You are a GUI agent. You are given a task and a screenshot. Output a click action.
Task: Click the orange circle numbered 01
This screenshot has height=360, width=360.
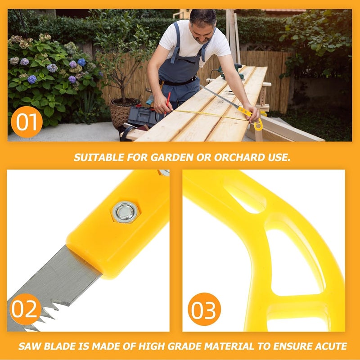27,121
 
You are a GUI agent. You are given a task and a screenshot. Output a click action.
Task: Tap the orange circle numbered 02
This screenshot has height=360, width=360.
25,309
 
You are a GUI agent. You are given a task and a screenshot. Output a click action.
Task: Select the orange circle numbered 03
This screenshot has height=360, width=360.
204,309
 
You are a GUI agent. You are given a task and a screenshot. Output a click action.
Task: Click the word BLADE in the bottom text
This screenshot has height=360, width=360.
60,346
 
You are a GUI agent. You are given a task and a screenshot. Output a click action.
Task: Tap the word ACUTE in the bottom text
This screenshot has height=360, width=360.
331,346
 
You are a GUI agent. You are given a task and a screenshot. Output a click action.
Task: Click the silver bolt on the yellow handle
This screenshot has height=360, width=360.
125,212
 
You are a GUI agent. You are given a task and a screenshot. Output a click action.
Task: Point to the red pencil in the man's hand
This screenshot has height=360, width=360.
167,103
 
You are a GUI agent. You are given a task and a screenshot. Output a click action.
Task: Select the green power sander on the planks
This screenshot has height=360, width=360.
231,71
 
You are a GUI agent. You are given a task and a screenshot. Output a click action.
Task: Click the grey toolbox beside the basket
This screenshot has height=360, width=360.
143,117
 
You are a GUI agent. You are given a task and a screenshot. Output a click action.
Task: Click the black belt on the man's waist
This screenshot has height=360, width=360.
178,81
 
